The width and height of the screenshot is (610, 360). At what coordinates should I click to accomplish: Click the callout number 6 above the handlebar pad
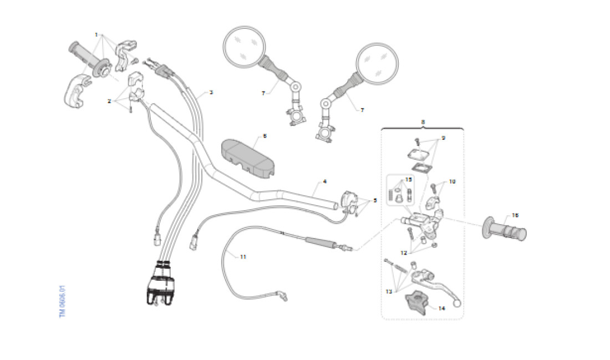265,135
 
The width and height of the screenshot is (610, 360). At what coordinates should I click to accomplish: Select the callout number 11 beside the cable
242,256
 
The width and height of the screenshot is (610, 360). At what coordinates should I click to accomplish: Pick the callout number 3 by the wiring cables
211,93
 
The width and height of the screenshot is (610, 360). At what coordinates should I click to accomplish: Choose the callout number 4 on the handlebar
324,181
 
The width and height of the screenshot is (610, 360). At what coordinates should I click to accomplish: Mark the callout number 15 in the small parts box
409,179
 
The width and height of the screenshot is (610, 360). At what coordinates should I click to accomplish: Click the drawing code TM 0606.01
63,301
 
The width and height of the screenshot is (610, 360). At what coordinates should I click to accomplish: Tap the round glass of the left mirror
245,46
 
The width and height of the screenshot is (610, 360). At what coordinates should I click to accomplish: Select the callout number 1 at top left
96,34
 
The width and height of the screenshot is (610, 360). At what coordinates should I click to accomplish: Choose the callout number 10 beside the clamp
452,181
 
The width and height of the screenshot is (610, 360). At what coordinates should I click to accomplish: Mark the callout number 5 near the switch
375,200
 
